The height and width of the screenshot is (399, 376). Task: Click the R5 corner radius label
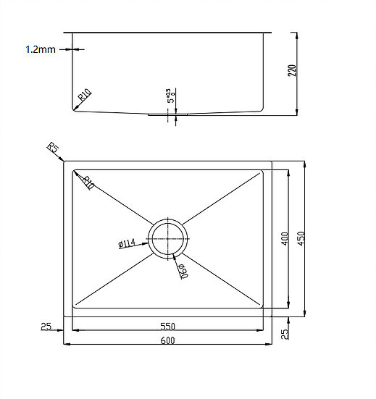click(53, 149)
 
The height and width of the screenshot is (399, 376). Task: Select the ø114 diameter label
click(128, 244)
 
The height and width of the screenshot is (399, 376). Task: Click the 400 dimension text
click(285, 239)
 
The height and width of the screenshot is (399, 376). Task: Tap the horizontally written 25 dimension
click(46, 327)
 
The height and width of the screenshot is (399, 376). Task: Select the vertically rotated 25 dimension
click(285, 334)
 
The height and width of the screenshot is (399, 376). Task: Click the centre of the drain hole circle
click(168, 237)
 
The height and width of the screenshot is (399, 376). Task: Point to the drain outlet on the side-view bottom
click(168, 114)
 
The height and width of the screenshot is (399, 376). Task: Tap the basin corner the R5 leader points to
click(65, 162)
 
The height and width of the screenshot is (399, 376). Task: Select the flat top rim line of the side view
click(167, 32)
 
